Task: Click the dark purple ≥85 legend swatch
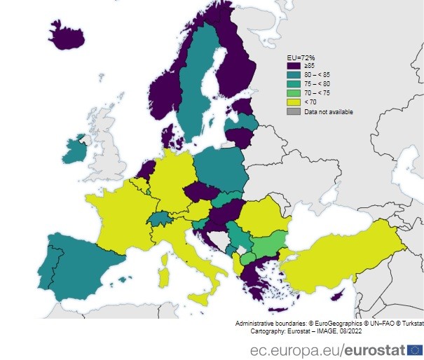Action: (x=294, y=65)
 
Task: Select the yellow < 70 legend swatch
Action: (x=294, y=102)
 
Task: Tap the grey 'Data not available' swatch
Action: (x=294, y=111)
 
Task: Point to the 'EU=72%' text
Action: (x=302, y=56)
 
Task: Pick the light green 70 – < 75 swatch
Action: (x=294, y=92)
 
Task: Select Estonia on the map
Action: (x=243, y=106)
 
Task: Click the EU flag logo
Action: (x=414, y=348)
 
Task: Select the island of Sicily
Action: (x=199, y=298)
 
